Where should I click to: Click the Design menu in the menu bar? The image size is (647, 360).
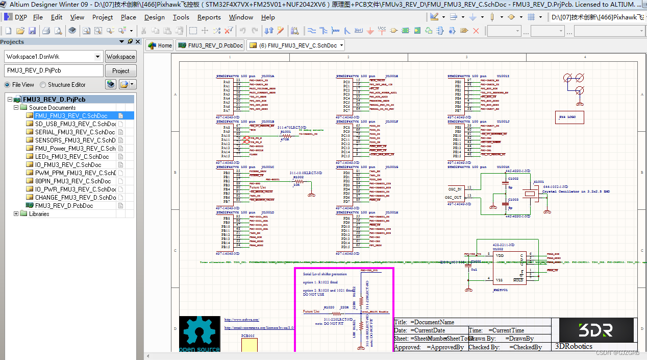coord(154,17)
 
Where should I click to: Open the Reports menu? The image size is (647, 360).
coord(209,17)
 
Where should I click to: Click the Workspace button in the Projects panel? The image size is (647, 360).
coord(120,57)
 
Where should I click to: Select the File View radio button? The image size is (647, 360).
coord(8,85)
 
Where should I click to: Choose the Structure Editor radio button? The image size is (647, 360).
coord(43,85)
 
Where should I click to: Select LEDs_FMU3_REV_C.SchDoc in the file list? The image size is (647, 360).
coord(71,157)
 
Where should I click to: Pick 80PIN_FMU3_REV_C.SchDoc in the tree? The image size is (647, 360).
coord(73,181)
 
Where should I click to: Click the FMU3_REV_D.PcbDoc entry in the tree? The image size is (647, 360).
coord(64,206)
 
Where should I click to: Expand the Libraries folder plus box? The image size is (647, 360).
coord(16,214)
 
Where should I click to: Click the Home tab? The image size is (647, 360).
coord(160,45)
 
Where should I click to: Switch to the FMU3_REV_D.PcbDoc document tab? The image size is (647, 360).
coord(210,45)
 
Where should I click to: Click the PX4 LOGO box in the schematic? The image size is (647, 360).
coord(569,117)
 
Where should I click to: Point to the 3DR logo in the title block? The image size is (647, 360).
coord(595,330)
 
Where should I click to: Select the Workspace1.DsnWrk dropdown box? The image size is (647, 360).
coord(54,57)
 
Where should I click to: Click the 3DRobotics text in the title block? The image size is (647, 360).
coord(574,346)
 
